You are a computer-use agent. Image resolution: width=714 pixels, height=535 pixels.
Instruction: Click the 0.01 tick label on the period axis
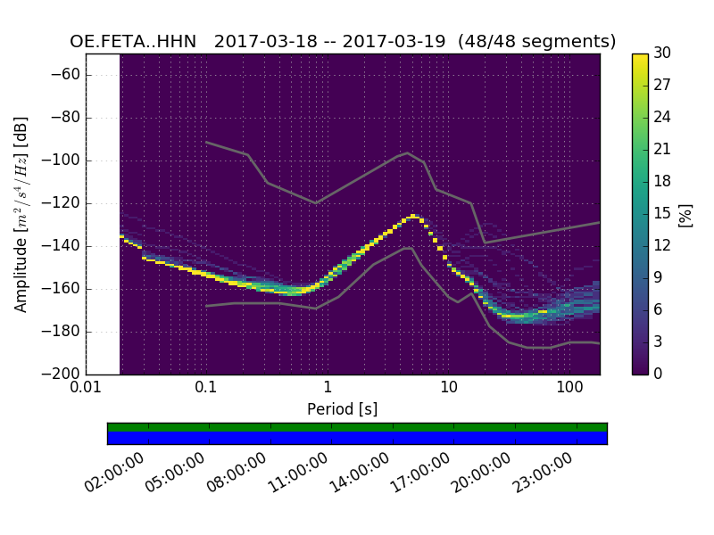86,388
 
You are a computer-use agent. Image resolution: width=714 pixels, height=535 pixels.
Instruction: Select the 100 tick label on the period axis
569,388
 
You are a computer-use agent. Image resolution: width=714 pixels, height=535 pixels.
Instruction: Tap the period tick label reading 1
328,388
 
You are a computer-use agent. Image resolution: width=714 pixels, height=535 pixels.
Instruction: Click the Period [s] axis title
342,409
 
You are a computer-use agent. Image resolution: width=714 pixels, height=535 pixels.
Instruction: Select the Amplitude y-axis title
21,214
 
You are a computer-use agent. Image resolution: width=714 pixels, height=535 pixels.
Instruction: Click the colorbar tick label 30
662,53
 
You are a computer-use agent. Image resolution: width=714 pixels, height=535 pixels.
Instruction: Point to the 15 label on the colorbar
662,214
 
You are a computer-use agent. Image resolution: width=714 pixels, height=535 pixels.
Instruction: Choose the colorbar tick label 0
659,374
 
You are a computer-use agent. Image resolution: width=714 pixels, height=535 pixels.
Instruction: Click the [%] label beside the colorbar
685,214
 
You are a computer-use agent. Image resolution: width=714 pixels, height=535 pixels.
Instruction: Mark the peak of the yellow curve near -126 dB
413,216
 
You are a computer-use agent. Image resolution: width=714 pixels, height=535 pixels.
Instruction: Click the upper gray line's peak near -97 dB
408,152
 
